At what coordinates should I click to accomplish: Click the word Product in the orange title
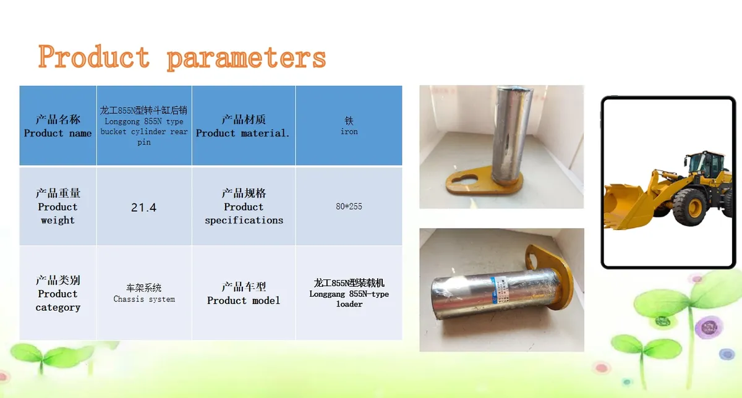click(x=94, y=56)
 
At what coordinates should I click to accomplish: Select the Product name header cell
click(x=58, y=125)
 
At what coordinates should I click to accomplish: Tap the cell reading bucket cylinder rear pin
click(x=144, y=125)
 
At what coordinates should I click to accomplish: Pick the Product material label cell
click(x=244, y=125)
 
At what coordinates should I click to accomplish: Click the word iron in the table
click(x=349, y=132)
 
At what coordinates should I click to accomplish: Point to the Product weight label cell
click(x=58, y=206)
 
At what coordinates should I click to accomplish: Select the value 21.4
click(x=143, y=208)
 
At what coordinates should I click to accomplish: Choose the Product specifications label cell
click(x=244, y=206)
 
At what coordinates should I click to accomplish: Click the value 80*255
click(x=349, y=206)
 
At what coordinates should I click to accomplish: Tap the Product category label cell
click(x=58, y=293)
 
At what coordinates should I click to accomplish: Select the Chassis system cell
click(x=144, y=293)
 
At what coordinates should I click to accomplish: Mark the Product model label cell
click(x=244, y=293)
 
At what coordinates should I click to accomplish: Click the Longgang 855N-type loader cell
click(x=349, y=293)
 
